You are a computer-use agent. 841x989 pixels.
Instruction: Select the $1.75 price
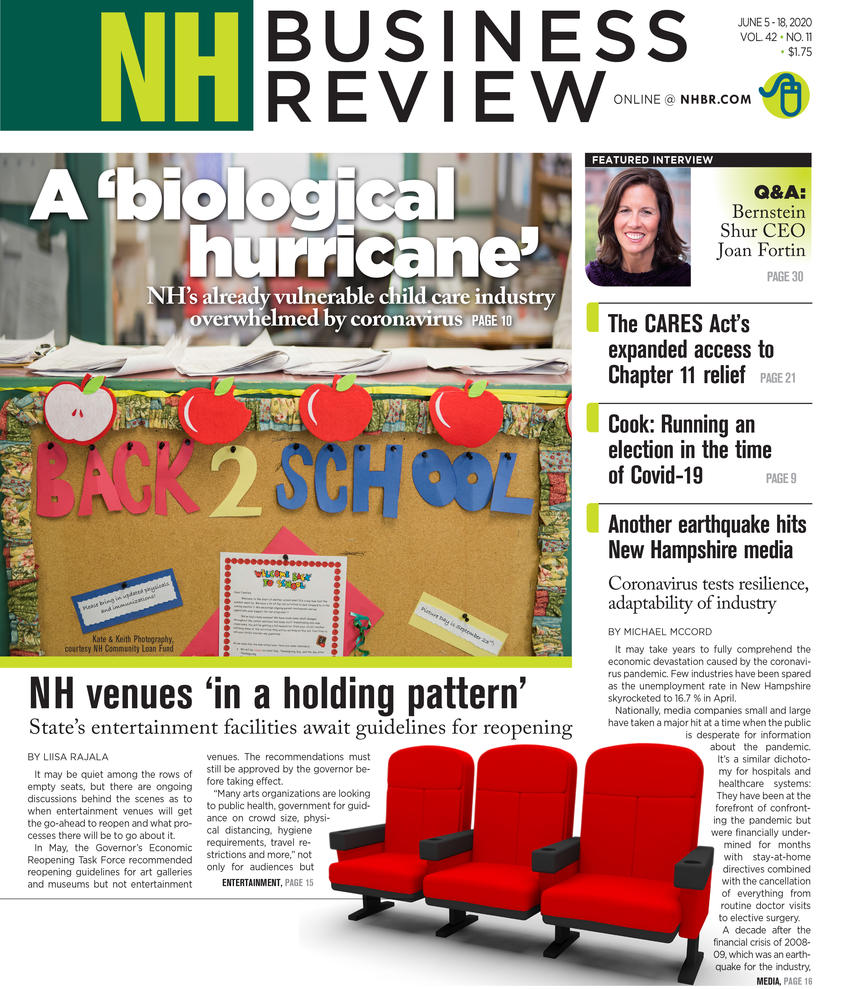pyautogui.click(x=799, y=52)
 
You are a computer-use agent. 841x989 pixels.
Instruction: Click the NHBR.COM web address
pyautogui.click(x=715, y=100)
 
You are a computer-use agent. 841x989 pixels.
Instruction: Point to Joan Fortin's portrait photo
pyautogui.click(x=637, y=226)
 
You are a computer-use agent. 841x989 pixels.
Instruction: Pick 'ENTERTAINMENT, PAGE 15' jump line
pyautogui.click(x=267, y=883)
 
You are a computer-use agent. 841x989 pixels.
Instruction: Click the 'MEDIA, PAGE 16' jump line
pyautogui.click(x=784, y=981)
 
